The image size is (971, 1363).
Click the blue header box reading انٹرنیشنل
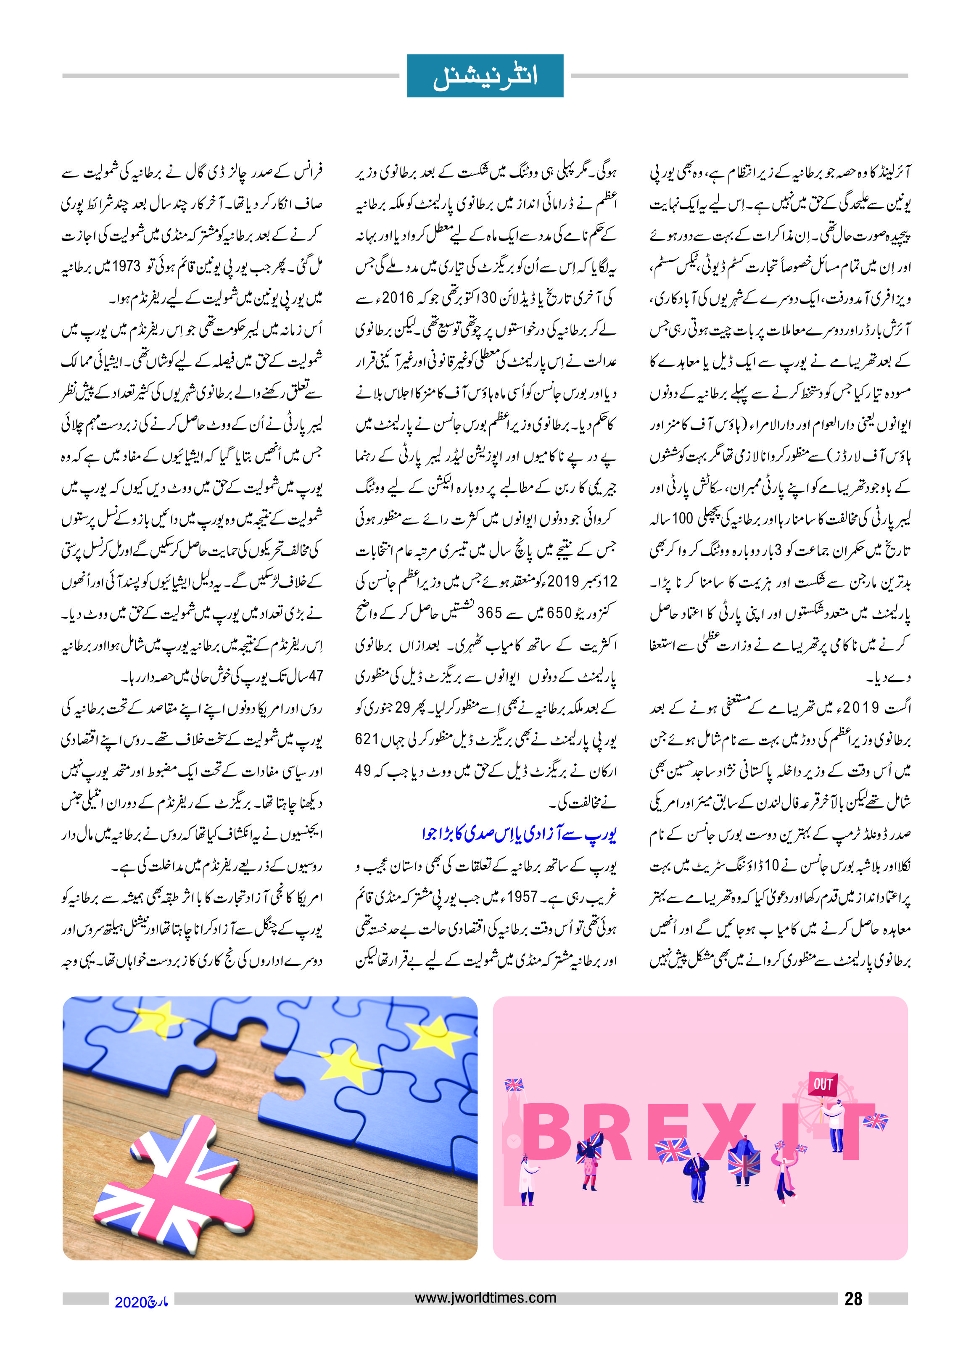(485, 76)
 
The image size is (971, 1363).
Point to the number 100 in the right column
(682, 518)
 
